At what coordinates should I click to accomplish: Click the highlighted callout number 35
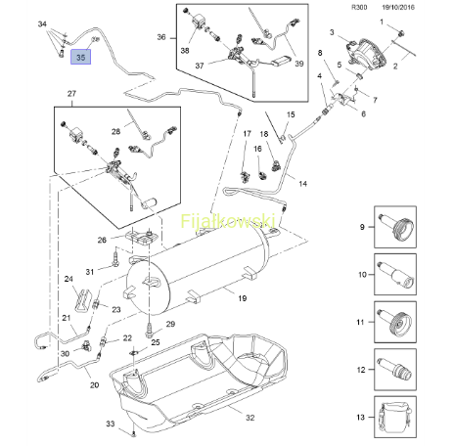pos(80,57)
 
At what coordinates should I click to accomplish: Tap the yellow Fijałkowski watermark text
pos(228,221)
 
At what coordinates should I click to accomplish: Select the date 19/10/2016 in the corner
pos(398,8)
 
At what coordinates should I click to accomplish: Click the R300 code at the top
pos(359,8)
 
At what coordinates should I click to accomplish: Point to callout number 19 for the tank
pos(243,298)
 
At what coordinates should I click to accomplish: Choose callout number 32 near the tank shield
pos(250,418)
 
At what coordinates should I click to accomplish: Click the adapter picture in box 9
pos(395,227)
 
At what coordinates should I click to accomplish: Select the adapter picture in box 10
pos(395,275)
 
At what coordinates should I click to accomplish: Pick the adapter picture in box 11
pos(395,322)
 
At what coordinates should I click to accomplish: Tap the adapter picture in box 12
pos(395,370)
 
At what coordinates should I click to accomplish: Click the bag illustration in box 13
pos(395,417)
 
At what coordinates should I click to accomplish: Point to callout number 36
pos(161,37)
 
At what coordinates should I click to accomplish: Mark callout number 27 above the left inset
pos(71,94)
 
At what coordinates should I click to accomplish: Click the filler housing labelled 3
pos(366,55)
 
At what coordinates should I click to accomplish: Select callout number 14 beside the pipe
pos(302,184)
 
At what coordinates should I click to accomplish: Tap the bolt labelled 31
pos(115,257)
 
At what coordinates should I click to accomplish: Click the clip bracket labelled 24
pos(82,299)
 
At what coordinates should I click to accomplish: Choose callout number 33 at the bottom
pos(111,424)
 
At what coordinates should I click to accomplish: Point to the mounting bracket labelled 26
pos(142,238)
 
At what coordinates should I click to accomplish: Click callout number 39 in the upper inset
pos(299,64)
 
